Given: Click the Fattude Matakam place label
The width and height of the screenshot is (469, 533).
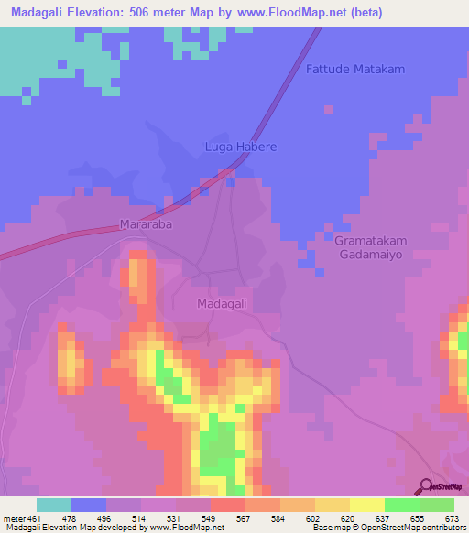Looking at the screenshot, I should click(355, 70).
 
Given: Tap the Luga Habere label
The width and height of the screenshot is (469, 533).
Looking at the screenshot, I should click(239, 147).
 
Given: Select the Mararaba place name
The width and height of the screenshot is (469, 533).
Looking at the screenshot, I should click(147, 223).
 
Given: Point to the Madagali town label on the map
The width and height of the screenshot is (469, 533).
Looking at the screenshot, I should click(224, 303).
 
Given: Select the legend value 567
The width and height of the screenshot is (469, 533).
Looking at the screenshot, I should click(245, 517).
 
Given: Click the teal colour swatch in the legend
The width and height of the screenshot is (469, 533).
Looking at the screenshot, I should click(53, 505).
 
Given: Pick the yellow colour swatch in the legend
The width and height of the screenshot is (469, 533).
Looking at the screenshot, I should click(366, 505).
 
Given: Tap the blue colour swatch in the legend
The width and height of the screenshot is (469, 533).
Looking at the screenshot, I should click(88, 505).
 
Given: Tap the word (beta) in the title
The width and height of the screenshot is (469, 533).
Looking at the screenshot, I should click(364, 12).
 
